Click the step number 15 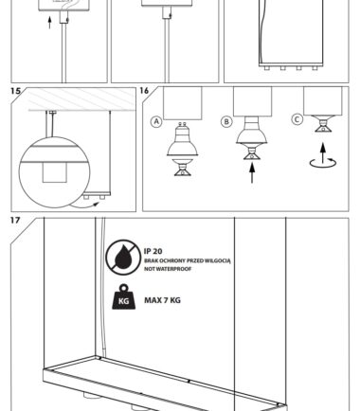tap(15, 91)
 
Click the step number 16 tap(144, 91)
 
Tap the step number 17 tap(15, 220)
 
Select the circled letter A tap(156, 122)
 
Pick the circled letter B tap(226, 121)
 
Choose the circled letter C tap(297, 119)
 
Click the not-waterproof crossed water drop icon tap(123, 257)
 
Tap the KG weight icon tap(124, 296)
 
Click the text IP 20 tap(153, 251)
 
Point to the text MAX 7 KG tap(162, 300)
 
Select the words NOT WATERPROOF tap(168, 269)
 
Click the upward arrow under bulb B tap(252, 172)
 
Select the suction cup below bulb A tap(183, 168)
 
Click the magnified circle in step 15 tap(54, 172)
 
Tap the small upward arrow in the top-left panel tap(49, 23)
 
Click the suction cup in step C tap(323, 124)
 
